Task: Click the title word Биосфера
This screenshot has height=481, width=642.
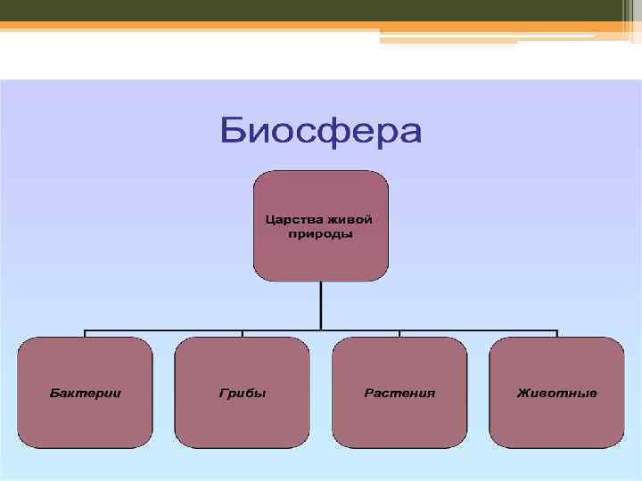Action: (321, 131)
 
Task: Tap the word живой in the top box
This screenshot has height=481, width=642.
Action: (349, 219)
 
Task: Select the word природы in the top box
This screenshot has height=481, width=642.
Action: (321, 234)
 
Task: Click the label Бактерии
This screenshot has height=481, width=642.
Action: (86, 393)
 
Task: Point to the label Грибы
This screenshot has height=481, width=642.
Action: (243, 393)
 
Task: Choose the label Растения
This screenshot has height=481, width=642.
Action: (399, 393)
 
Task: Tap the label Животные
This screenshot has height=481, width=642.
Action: (557, 393)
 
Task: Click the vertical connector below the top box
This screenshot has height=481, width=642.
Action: (321, 305)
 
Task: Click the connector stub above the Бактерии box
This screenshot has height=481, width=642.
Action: (86, 333)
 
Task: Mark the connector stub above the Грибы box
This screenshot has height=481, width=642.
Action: (243, 333)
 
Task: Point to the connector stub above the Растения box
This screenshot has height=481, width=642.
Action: (399, 333)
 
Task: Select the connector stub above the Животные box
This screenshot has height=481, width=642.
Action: (557, 333)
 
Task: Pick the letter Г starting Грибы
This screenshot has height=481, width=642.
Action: (222, 393)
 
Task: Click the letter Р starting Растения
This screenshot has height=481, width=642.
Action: (367, 393)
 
